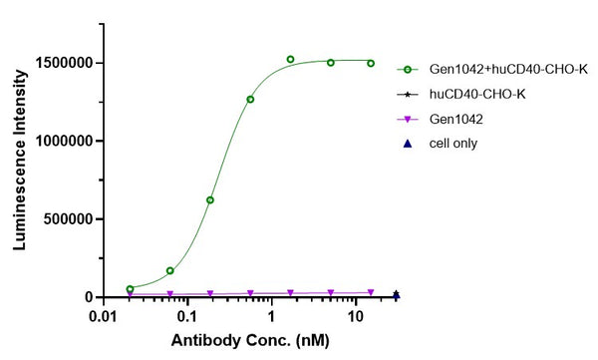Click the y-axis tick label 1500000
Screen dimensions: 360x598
63,63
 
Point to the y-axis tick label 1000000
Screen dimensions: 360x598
63,141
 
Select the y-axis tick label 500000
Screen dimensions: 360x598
67,219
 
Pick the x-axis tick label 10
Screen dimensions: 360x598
355,315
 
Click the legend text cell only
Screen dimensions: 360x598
453,144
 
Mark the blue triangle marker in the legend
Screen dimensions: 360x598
408,144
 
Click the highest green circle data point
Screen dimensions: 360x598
290,60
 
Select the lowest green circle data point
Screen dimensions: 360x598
130,289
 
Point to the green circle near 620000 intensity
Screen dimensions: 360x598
209,200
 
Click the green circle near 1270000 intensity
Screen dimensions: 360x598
250,99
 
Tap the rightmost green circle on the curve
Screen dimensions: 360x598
371,63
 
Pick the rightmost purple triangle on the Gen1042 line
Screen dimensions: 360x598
371,293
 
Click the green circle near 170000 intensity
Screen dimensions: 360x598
170,270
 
